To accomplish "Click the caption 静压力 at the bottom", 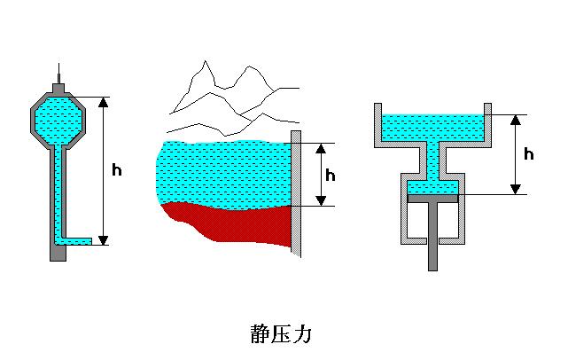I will tap(283, 334).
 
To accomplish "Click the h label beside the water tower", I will tap(117, 169).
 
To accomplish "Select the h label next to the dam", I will tap(331, 175).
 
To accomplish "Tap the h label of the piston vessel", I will tap(529, 154).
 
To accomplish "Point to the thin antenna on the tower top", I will tap(58, 74).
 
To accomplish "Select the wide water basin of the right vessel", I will tap(432, 129).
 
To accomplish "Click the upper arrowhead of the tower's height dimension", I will tap(104, 102).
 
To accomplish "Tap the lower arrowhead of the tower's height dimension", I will tap(104, 239).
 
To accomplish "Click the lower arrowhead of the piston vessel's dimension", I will tap(514, 188).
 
